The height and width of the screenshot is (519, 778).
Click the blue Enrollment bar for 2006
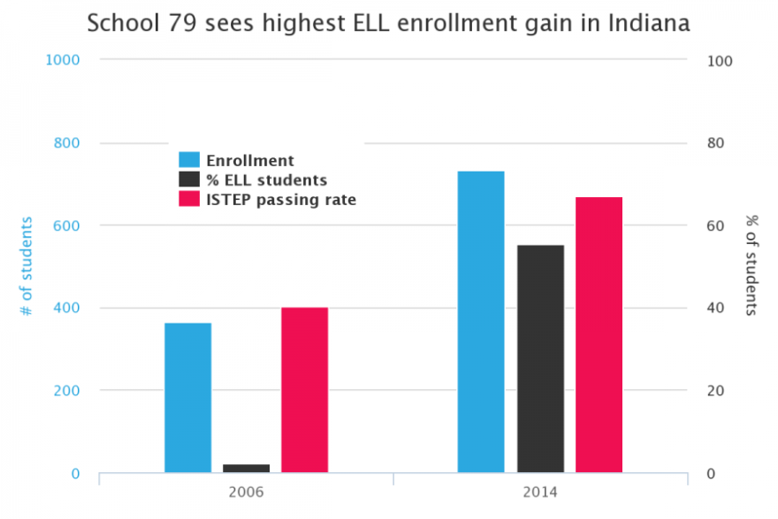point(187,398)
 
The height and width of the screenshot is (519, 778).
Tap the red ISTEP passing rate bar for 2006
point(304,390)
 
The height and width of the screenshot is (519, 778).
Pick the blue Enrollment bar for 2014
point(481,322)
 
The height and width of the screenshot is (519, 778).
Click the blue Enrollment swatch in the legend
point(189,160)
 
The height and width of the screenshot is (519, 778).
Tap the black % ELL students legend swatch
point(189,179)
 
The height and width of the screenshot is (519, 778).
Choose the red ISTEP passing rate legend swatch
point(189,199)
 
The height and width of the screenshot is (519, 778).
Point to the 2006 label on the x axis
point(246,492)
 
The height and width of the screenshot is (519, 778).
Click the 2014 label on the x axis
point(540,492)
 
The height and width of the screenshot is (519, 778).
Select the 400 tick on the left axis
point(68,308)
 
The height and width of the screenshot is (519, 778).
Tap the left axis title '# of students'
point(27,266)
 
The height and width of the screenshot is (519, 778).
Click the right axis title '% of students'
point(751,266)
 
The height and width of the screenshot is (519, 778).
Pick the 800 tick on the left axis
point(68,143)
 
